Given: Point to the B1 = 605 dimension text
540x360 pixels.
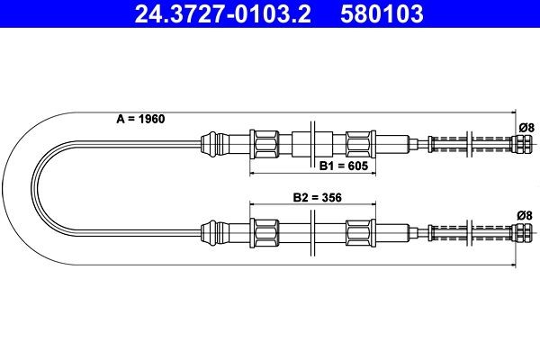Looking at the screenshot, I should tap(339, 166).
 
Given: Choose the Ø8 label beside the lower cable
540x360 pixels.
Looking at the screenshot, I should tap(525, 214).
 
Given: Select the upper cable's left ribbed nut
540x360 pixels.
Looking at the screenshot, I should tap(267, 142).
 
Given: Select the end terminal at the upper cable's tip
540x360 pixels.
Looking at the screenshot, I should tap(520, 142).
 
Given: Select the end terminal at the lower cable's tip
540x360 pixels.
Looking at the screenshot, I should tap(520, 233).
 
